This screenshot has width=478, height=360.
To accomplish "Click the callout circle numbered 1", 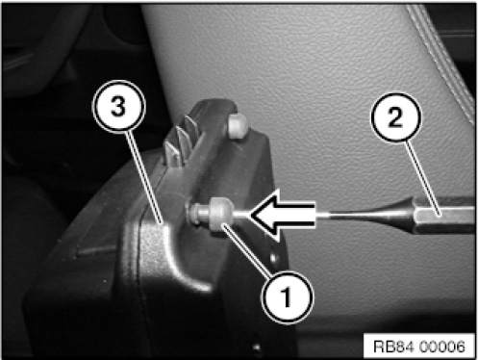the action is click(x=287, y=296).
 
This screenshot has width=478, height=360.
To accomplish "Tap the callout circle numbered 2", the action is click(x=395, y=117).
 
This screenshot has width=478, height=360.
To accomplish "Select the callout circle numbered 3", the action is click(x=118, y=106).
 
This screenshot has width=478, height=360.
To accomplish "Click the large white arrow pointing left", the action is click(x=282, y=215).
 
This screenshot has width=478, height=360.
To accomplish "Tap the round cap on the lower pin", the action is click(x=220, y=214).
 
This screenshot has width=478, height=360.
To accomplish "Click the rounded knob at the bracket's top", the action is click(x=238, y=125).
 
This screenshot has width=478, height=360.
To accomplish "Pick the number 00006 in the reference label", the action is click(x=441, y=347).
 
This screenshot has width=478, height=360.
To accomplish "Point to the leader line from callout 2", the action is click(x=421, y=176).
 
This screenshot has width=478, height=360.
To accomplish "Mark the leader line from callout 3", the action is click(x=145, y=176).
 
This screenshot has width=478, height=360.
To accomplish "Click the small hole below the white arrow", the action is click(x=273, y=257).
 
